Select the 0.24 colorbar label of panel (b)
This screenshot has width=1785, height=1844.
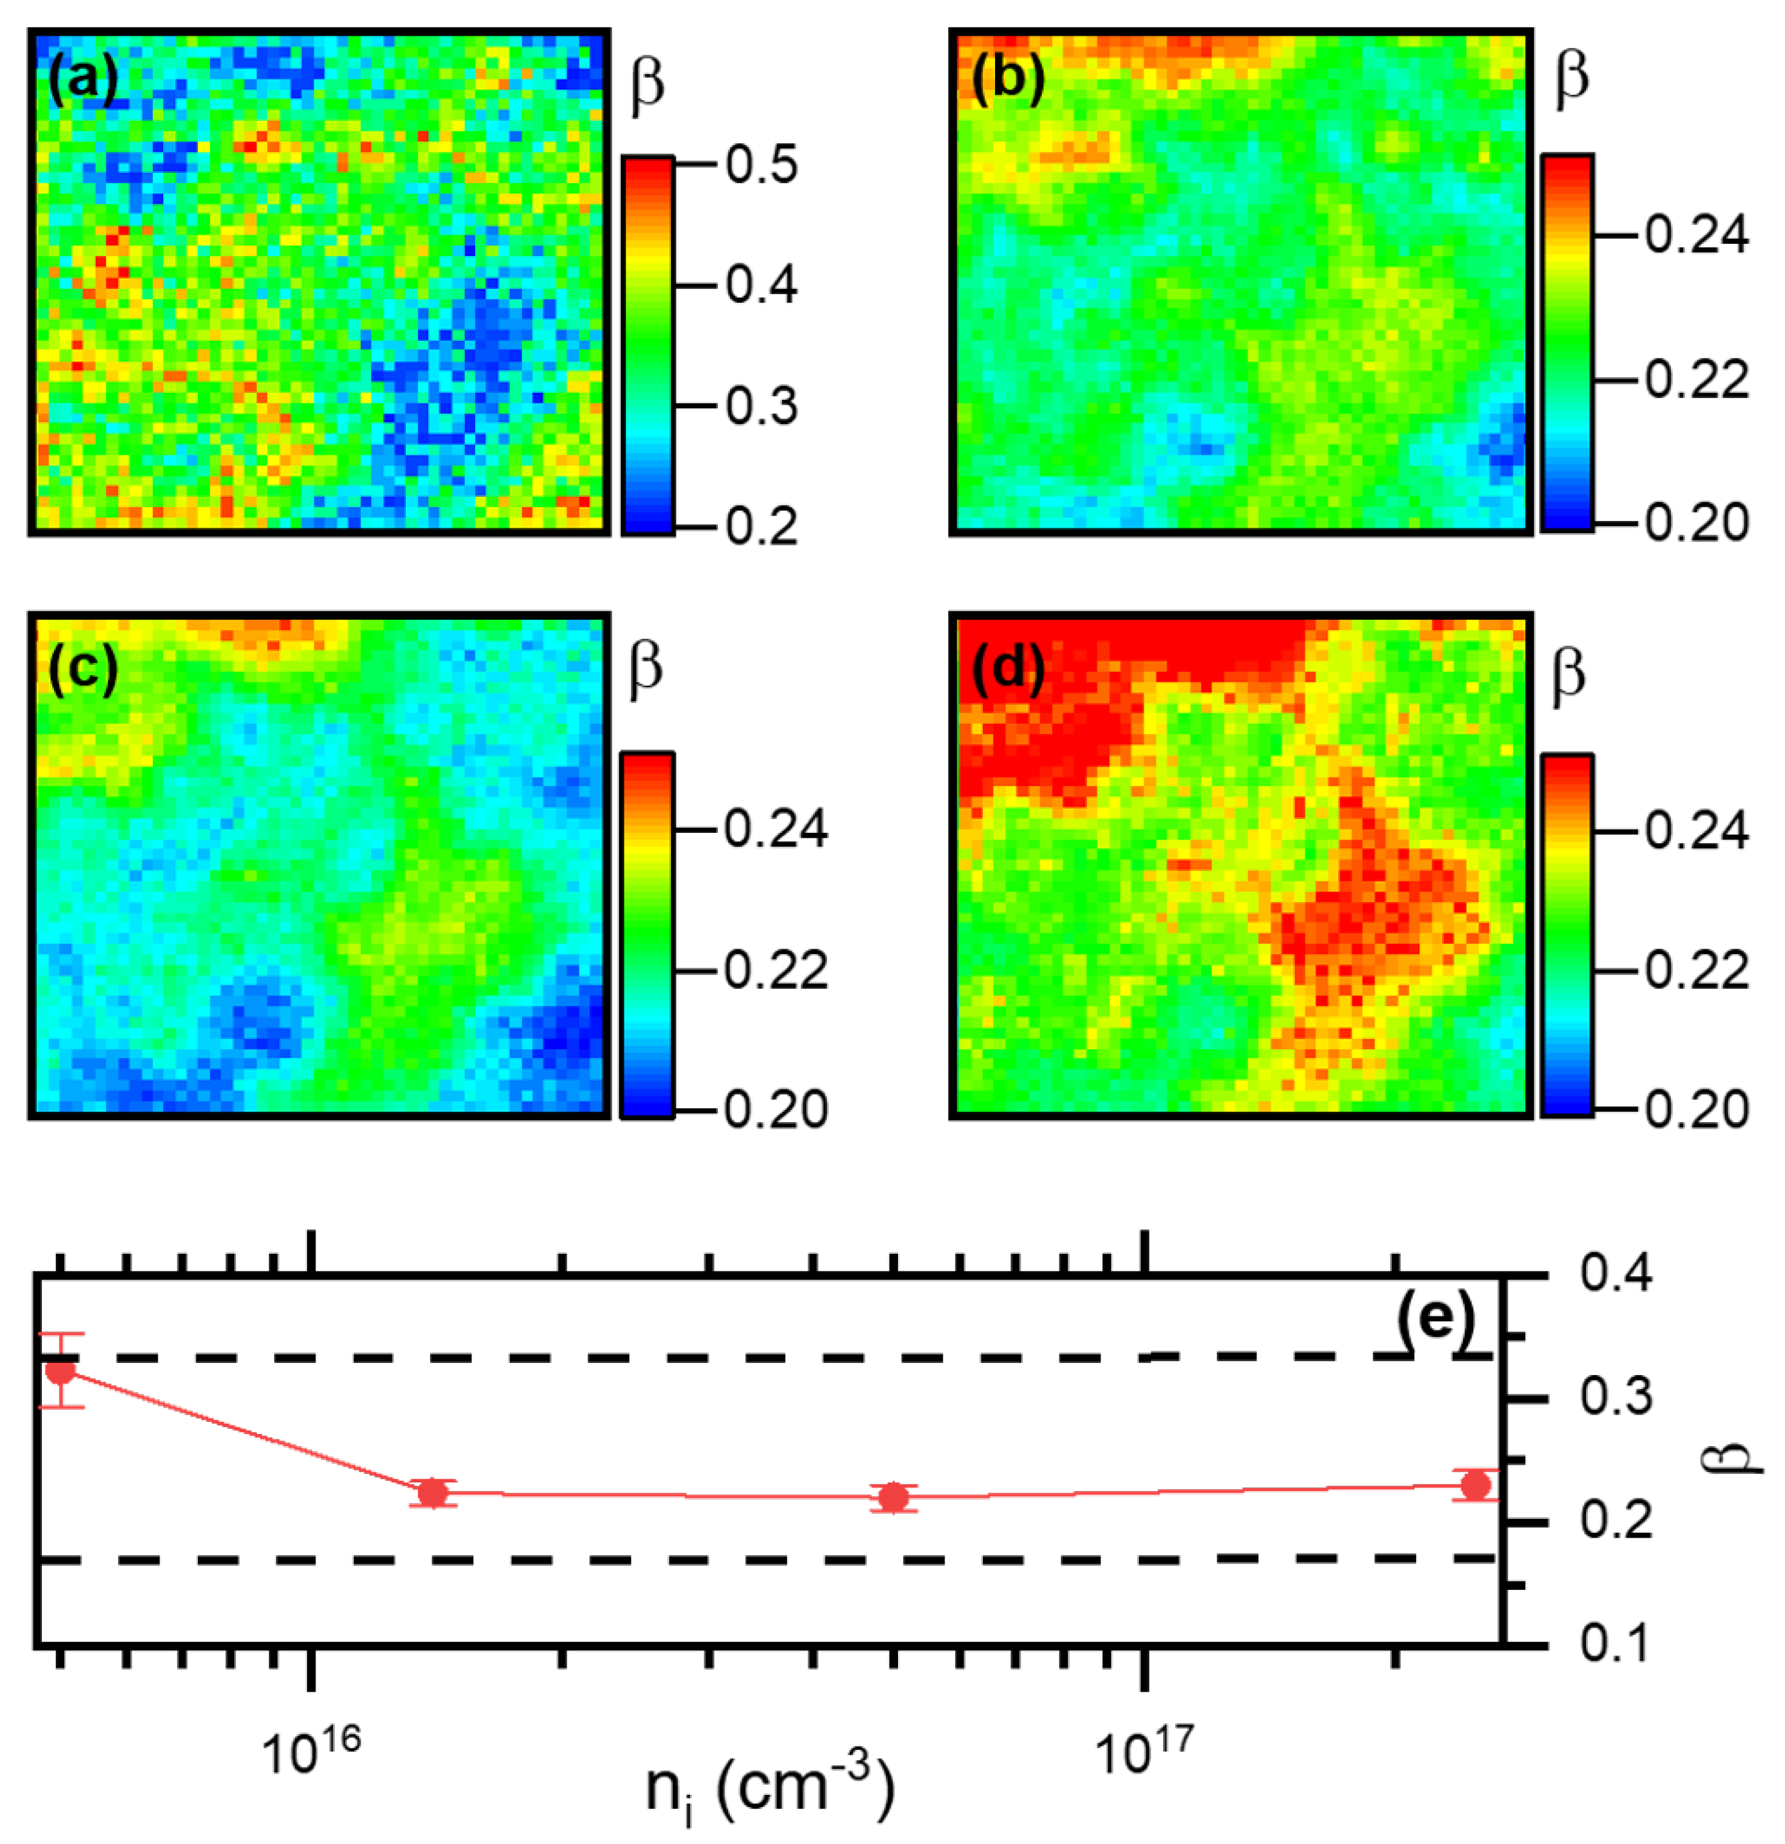point(1696,234)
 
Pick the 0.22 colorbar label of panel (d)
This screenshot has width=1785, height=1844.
point(1696,970)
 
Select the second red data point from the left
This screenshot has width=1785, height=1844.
point(433,1492)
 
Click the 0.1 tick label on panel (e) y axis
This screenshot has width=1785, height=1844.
point(1616,1644)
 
